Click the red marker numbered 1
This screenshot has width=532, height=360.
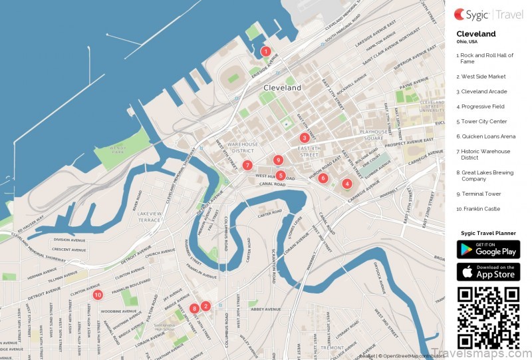[265, 51]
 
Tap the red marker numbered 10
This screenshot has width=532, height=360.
[98, 295]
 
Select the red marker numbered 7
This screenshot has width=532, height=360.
[247, 165]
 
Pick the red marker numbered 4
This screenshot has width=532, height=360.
[346, 184]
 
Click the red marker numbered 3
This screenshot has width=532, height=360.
[304, 138]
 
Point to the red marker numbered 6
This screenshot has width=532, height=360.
[323, 178]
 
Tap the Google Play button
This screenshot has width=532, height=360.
[488, 250]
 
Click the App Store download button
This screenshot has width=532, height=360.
[488, 271]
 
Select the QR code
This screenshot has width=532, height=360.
[488, 317]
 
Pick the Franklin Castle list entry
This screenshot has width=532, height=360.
[479, 209]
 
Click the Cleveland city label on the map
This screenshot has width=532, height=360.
[282, 88]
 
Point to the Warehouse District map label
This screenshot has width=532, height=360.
[242, 148]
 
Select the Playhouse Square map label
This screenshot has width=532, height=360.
[374, 136]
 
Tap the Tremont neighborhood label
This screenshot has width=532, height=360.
[332, 347]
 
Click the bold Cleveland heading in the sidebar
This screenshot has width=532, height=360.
[475, 33]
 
